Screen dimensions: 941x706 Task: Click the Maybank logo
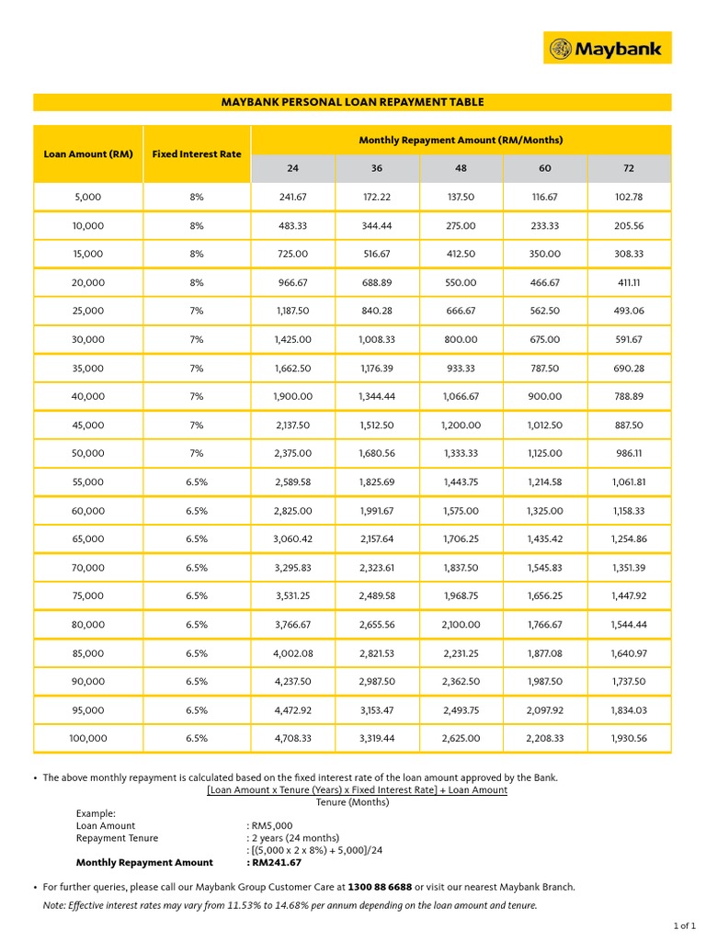pos(608,48)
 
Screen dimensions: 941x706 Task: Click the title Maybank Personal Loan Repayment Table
pos(352,102)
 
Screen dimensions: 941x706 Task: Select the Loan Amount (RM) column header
pos(88,154)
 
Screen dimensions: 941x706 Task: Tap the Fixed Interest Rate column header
pos(197,154)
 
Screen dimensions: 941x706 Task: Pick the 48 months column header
pos(461,168)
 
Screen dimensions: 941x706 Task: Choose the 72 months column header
pos(629,168)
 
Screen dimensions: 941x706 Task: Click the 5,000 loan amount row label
pos(88,197)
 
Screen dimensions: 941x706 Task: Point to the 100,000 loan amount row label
pos(88,739)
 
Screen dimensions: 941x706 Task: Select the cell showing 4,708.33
pos(293,739)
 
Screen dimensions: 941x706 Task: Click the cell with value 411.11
pos(629,282)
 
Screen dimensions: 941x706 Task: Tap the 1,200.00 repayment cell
pos(461,425)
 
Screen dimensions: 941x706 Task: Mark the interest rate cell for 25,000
pos(197,312)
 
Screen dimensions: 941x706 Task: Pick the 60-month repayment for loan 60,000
pos(545,511)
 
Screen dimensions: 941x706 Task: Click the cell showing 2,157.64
pos(377,539)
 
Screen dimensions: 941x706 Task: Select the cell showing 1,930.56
pos(629,739)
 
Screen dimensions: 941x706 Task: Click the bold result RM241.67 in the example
pos(274,863)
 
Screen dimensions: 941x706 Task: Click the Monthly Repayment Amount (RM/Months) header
pos(461,140)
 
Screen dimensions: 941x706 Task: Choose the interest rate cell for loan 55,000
pos(197,482)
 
